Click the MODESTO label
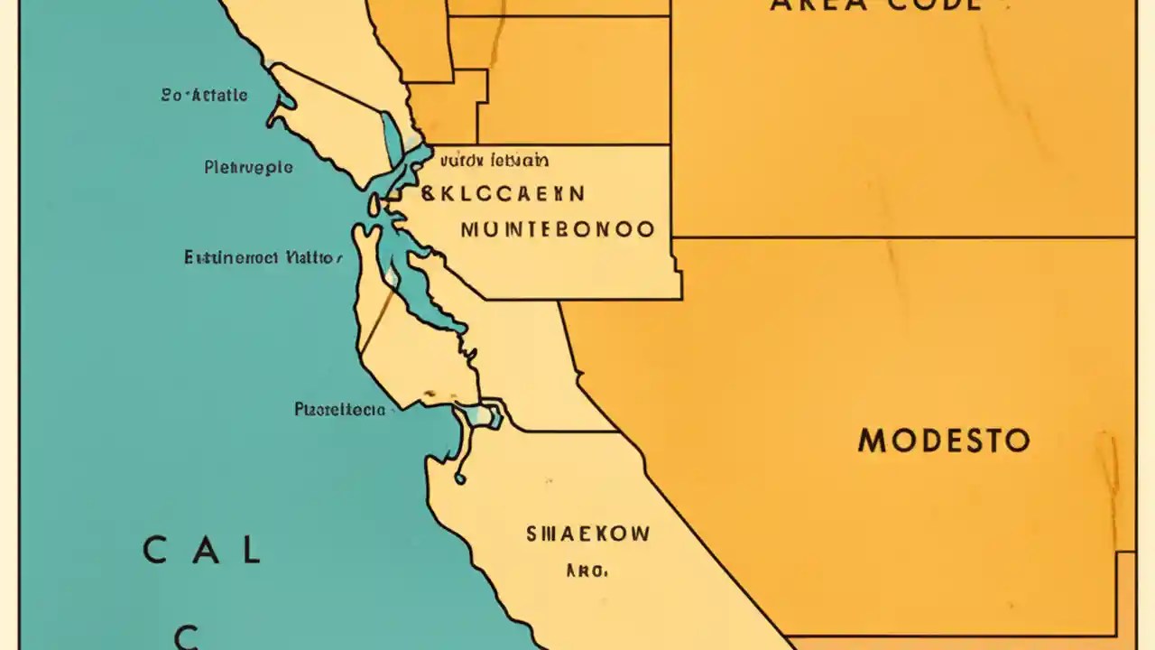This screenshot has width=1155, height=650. [943, 441]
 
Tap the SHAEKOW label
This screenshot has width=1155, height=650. [587, 534]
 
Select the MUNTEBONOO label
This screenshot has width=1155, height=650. [558, 229]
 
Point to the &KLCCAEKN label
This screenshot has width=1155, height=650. [503, 193]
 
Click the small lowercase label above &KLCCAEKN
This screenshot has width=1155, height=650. [494, 162]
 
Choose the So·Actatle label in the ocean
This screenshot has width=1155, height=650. [204, 95]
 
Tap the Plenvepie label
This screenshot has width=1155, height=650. [248, 167]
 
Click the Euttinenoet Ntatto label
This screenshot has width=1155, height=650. [263, 257]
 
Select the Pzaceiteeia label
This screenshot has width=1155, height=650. [339, 410]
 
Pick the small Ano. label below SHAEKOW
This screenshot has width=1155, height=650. [587, 571]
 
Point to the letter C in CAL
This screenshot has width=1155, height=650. [155, 550]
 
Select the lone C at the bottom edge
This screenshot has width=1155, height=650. [186, 637]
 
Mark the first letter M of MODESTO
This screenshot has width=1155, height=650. [873, 441]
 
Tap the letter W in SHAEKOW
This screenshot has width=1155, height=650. [637, 534]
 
